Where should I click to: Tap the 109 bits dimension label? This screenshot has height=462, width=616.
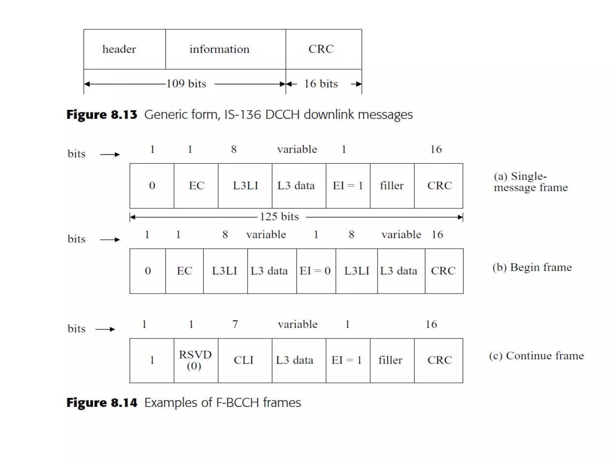pyautogui.click(x=186, y=84)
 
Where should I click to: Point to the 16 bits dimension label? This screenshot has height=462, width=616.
pyautogui.click(x=321, y=84)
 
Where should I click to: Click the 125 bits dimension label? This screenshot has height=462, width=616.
pyautogui.click(x=279, y=217)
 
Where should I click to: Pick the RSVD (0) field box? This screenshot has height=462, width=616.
pyautogui.click(x=196, y=360)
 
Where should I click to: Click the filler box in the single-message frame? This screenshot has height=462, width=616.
pyautogui.click(x=392, y=186)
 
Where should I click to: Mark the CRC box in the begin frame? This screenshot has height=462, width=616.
pyautogui.click(x=444, y=271)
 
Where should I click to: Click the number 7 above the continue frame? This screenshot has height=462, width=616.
pyautogui.click(x=235, y=324)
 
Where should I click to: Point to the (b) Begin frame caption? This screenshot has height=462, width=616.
pyautogui.click(x=532, y=267)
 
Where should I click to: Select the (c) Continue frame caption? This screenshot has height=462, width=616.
pyautogui.click(x=536, y=356)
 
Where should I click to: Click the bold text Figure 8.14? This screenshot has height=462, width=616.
pyautogui.click(x=102, y=403)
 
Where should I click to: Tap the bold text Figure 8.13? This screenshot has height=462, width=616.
pyautogui.click(x=102, y=115)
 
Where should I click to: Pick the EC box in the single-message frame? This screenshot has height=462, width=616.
pyautogui.click(x=196, y=186)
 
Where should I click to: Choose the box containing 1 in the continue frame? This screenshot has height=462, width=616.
pyautogui.click(x=152, y=360)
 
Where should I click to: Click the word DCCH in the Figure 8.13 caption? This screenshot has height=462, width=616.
pyautogui.click(x=282, y=115)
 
